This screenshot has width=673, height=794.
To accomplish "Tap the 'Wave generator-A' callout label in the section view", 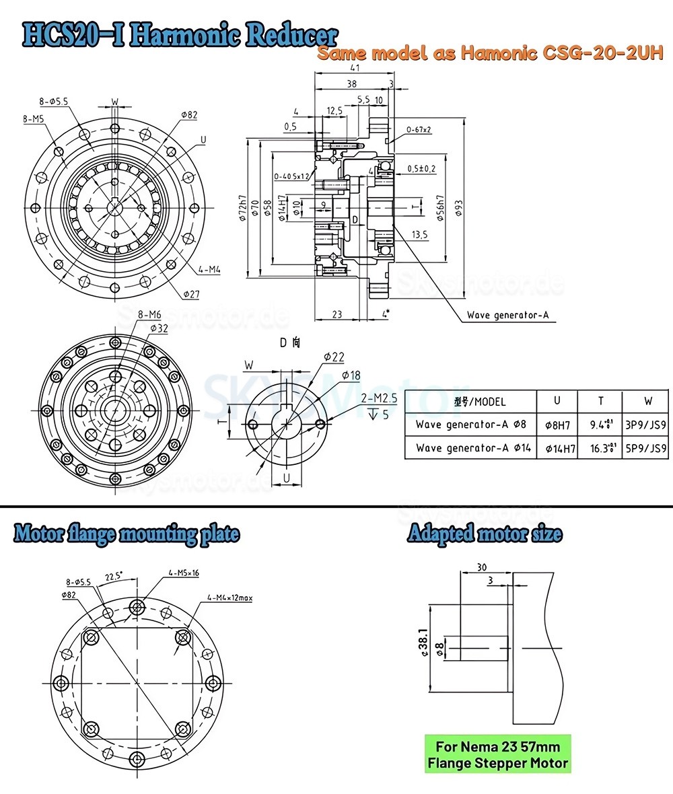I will [511, 316].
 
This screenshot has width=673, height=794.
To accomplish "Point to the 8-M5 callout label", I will [34, 119].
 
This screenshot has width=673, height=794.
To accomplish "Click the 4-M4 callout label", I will [210, 270].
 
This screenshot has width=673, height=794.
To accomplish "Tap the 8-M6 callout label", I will [149, 314].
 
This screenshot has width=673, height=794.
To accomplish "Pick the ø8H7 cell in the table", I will [557, 425].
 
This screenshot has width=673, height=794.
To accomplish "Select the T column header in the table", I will [600, 401].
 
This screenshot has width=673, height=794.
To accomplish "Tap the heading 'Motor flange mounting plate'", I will [127, 535].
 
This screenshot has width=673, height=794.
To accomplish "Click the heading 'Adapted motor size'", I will [485, 535].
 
